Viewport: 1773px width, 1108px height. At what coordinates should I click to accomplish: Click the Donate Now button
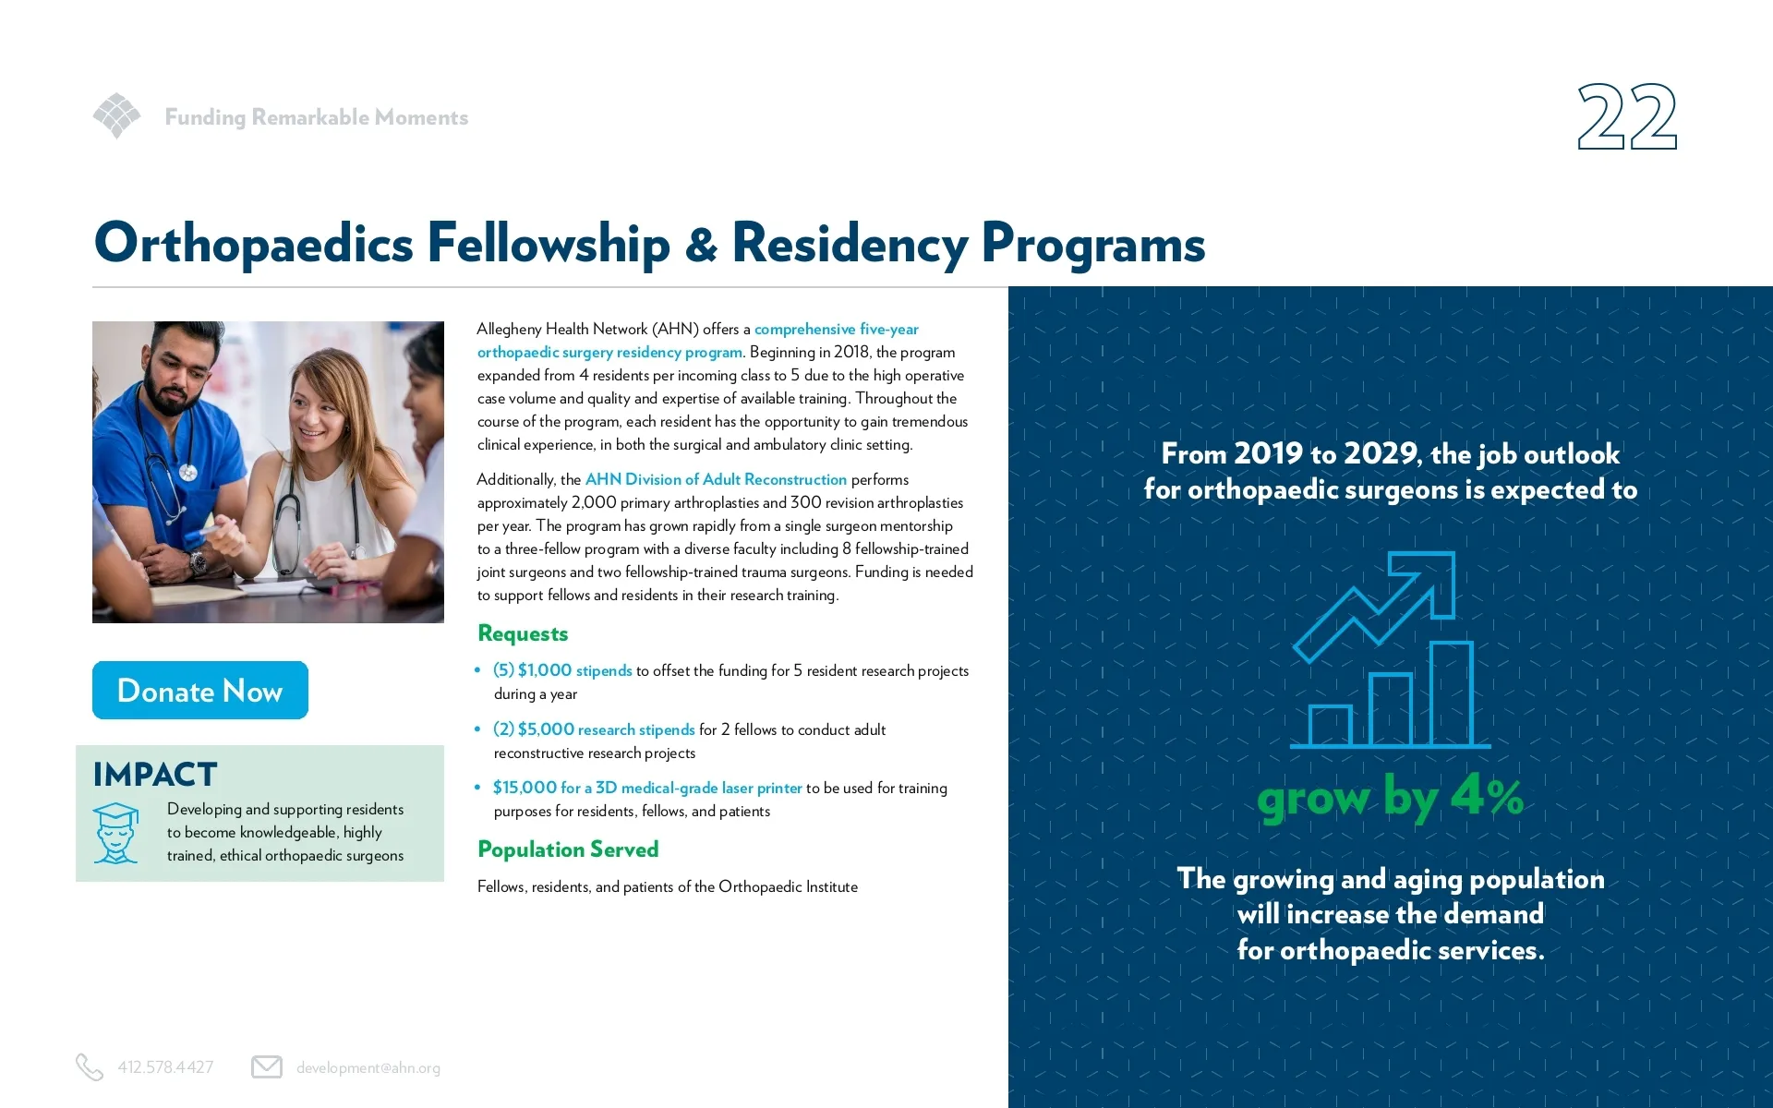[x=199, y=690]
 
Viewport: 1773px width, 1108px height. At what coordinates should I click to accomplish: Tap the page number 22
[x=1626, y=117]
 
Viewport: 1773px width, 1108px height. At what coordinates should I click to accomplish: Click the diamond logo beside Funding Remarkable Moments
[x=116, y=115]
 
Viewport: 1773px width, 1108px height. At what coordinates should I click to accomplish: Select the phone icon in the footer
[x=89, y=1067]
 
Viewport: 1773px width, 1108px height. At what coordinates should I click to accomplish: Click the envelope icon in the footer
[x=267, y=1067]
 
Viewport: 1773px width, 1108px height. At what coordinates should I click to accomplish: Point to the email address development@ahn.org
[x=368, y=1068]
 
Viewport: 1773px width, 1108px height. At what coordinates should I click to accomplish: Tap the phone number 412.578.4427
[x=165, y=1068]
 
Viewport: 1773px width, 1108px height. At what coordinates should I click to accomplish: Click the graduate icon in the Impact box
[x=116, y=833]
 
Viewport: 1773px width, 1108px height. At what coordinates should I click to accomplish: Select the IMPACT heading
[x=155, y=774]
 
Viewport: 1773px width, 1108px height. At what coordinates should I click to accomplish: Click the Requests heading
[x=523, y=633]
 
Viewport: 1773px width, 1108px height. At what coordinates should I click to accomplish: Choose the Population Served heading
[x=568, y=849]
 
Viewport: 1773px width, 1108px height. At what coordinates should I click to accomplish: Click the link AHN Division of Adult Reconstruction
[x=716, y=479]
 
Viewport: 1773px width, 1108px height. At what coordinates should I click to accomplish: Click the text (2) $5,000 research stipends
[x=594, y=729]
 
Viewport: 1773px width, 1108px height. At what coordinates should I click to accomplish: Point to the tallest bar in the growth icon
[x=1451, y=694]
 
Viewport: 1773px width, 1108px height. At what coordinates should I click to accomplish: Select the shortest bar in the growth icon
[x=1330, y=726]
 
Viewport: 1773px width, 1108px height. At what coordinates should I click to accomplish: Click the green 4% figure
[x=1487, y=796]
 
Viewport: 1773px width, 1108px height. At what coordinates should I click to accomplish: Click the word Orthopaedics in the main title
[x=253, y=244]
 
